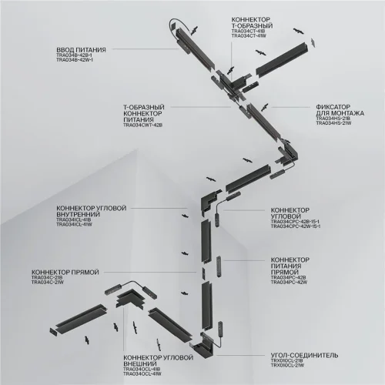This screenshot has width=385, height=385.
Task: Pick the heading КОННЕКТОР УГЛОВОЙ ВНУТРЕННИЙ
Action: pos(91,212)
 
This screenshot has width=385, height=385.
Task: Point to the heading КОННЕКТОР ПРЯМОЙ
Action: pos(62,272)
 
